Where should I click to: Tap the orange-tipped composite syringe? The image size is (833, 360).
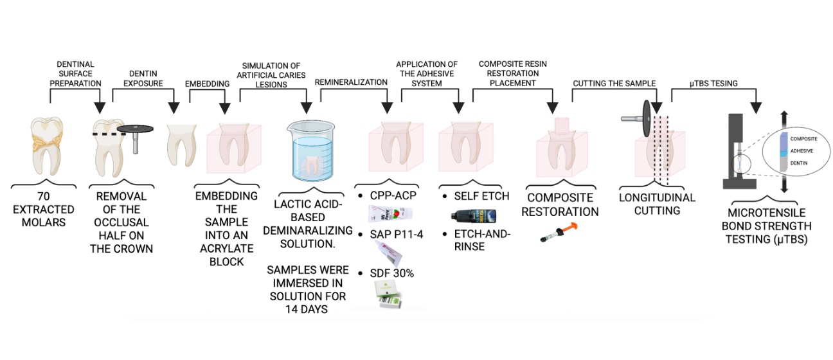[x=560, y=233]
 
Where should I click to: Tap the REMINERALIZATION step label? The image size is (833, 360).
[x=351, y=82]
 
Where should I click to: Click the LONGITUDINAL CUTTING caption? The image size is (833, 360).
[x=656, y=204]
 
